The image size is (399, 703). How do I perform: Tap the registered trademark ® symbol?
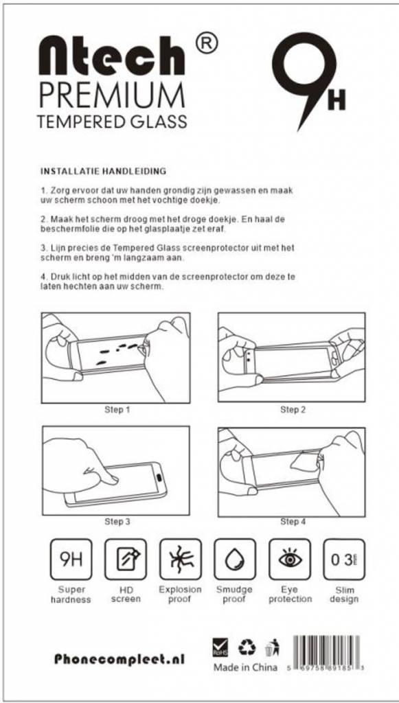(207, 43)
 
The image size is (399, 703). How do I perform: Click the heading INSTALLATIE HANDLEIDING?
(104, 171)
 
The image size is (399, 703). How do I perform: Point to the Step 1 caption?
(117, 409)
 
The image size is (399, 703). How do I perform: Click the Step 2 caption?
(293, 409)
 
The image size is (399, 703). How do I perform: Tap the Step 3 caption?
(117, 522)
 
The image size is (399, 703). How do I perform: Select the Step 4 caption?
(293, 522)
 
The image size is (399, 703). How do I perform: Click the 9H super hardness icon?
(71, 560)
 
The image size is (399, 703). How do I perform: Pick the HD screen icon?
(126, 560)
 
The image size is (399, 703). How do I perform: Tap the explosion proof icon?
(180, 560)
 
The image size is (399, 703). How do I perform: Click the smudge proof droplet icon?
(235, 560)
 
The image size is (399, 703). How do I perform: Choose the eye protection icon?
(290, 560)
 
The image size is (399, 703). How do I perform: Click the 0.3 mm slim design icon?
(344, 560)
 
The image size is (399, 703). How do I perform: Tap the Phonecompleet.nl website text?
(119, 659)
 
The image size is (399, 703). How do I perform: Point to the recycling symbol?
(247, 647)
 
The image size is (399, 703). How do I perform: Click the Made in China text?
(245, 667)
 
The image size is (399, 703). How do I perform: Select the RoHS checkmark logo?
(220, 647)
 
